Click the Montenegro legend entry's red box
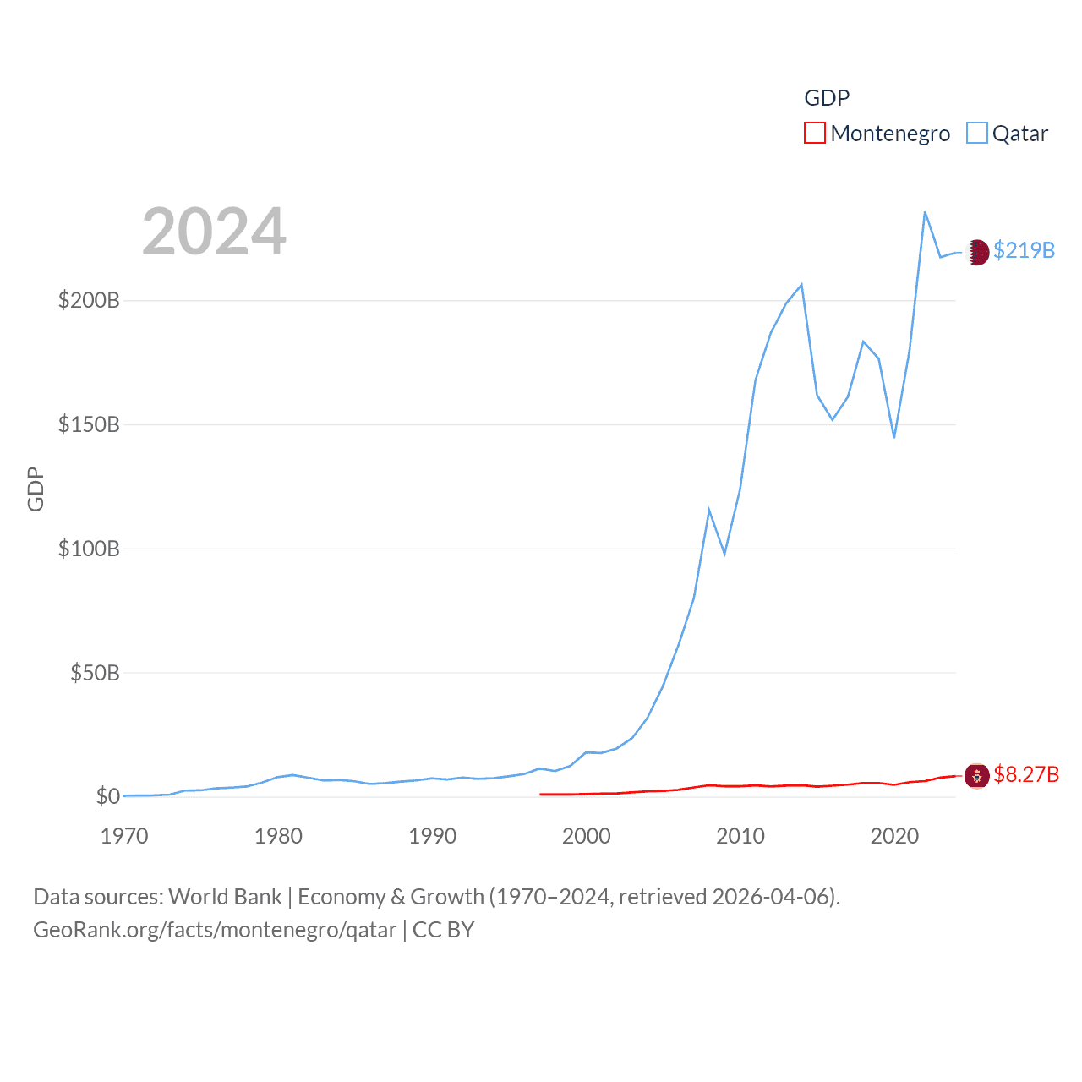(x=814, y=134)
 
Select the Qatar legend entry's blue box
(x=976, y=134)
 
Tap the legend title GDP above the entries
(x=826, y=98)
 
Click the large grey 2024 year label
(x=214, y=232)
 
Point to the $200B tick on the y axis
(x=89, y=300)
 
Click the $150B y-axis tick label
(x=89, y=424)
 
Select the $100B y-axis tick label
(x=89, y=549)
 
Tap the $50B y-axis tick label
(x=95, y=673)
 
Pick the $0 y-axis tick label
(x=107, y=796)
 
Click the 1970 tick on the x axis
(x=124, y=836)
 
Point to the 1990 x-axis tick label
(x=432, y=836)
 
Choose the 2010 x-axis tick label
(x=740, y=836)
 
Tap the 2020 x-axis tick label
(x=894, y=836)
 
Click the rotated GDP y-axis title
(x=36, y=489)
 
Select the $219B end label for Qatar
(x=1024, y=251)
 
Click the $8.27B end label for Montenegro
(x=1026, y=775)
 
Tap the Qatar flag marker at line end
(x=977, y=252)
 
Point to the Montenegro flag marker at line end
(x=977, y=775)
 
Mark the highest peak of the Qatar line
(x=925, y=212)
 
